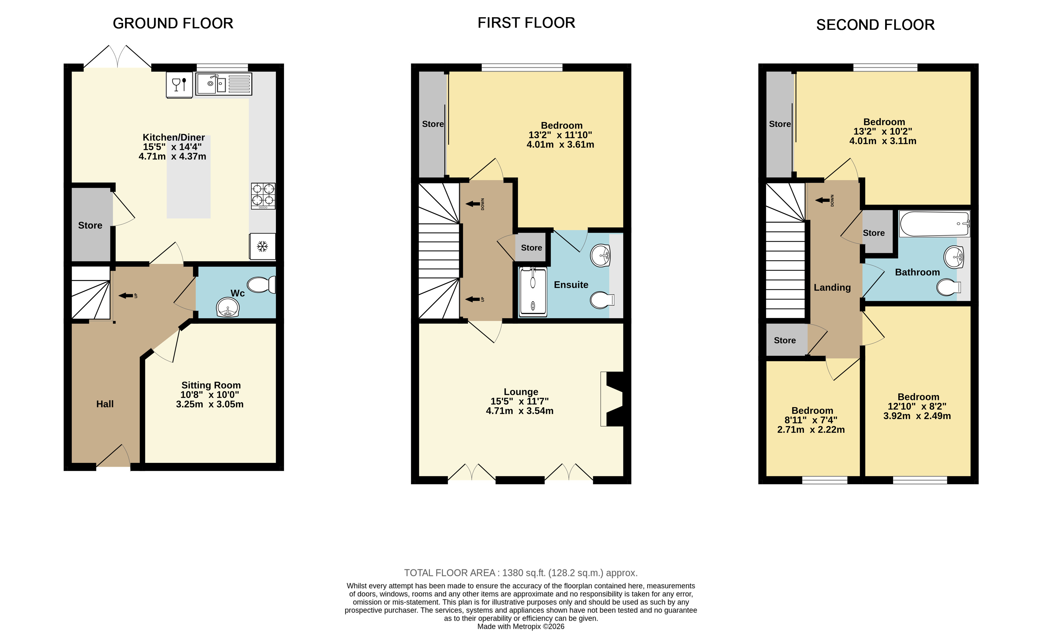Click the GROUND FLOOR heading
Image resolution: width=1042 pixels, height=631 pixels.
click(173, 23)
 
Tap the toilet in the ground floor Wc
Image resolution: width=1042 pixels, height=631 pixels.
click(261, 284)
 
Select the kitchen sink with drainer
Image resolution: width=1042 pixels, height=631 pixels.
click(224, 84)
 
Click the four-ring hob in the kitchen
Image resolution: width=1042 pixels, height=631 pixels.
click(263, 196)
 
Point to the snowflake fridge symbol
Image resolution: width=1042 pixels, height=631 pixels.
click(263, 246)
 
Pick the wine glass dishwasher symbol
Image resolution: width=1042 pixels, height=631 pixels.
click(179, 85)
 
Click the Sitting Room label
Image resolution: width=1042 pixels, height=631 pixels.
click(211, 385)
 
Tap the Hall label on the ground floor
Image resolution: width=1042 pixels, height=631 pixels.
click(105, 404)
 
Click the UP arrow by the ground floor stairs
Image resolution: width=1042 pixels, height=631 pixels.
click(126, 295)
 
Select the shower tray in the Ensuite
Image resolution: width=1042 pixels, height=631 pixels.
click(533, 292)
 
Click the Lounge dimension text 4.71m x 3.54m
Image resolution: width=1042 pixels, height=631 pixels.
click(520, 411)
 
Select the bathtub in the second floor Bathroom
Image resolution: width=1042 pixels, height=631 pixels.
click(934, 224)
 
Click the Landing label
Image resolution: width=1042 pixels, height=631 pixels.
click(832, 287)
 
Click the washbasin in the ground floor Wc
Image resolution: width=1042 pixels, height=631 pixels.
click(228, 307)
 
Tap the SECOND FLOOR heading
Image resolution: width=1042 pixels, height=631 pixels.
click(875, 25)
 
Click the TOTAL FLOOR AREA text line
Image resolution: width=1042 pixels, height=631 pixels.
click(521, 573)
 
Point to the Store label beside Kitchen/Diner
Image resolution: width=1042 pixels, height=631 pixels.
click(90, 225)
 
